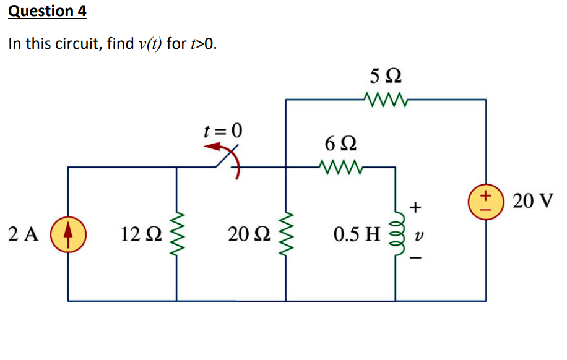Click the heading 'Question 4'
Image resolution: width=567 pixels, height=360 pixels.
[x=47, y=11]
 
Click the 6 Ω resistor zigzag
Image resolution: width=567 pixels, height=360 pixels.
[x=340, y=166]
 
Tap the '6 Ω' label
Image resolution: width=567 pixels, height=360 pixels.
[x=340, y=145]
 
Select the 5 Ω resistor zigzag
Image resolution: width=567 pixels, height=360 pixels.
[x=385, y=99]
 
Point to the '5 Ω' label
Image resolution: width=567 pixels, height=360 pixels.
[x=386, y=77]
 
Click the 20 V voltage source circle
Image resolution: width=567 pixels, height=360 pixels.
[x=486, y=201]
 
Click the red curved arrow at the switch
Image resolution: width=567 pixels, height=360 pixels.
[x=227, y=157]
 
